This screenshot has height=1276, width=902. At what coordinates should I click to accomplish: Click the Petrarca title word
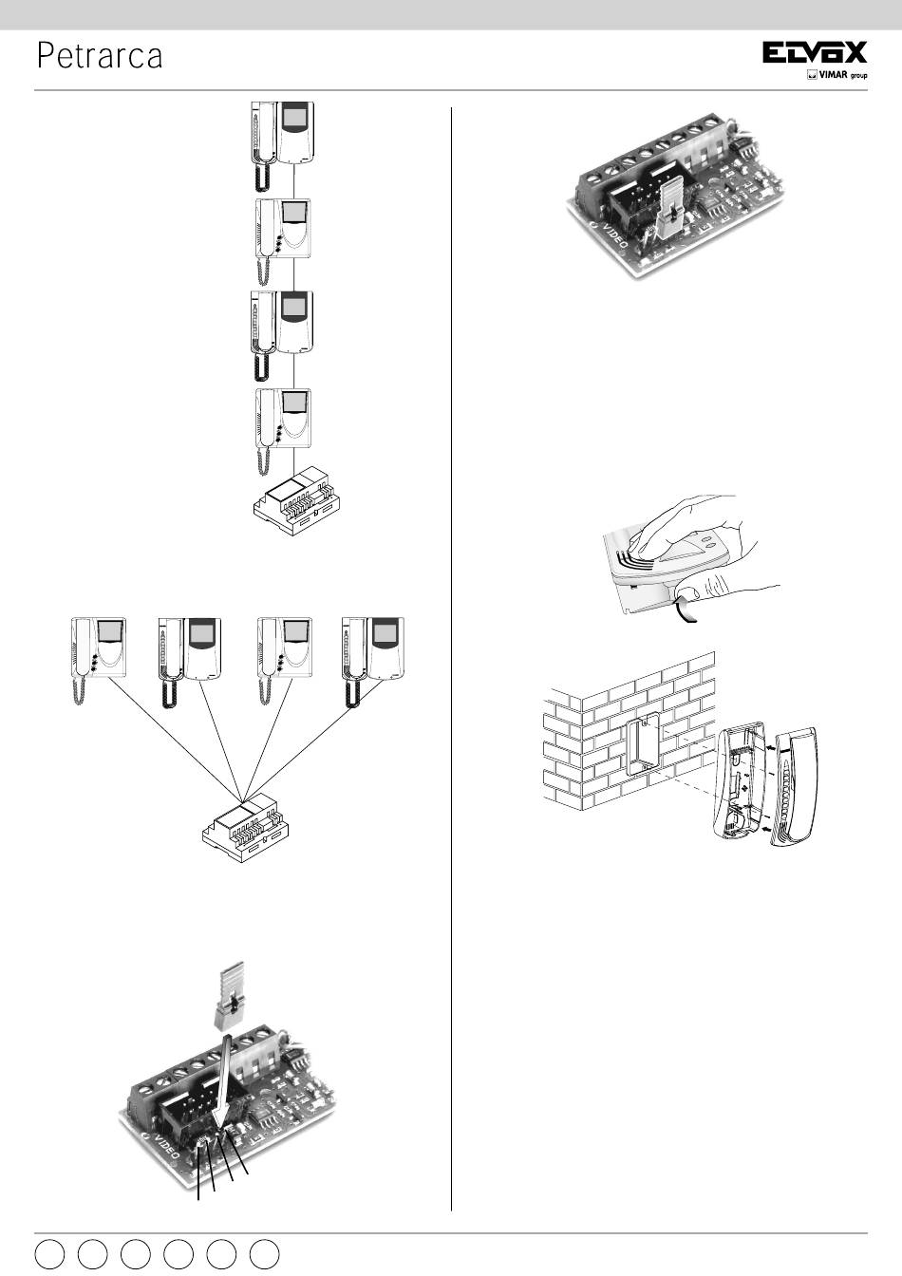pyautogui.click(x=100, y=56)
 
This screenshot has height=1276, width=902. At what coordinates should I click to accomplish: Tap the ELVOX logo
pyautogui.click(x=815, y=52)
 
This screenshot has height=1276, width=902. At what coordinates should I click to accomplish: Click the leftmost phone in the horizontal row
pyautogui.click(x=98, y=660)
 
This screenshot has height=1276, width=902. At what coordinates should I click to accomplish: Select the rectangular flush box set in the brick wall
pyautogui.click(x=643, y=743)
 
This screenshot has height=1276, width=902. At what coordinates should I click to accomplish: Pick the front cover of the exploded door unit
pyautogui.click(x=794, y=787)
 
